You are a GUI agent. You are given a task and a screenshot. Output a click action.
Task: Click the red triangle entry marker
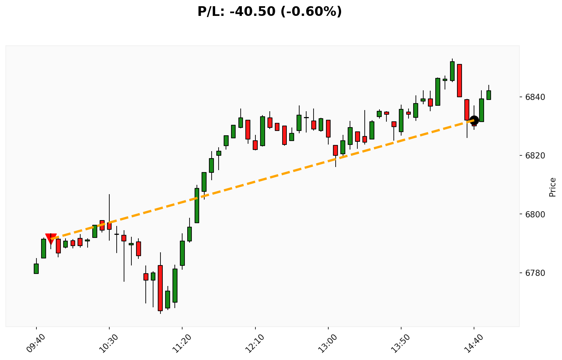(x=51, y=238)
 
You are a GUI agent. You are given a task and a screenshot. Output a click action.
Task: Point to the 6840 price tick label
(x=534, y=97)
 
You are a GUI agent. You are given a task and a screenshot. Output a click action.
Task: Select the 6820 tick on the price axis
(x=534, y=156)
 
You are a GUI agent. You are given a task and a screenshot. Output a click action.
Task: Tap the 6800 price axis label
(x=534, y=214)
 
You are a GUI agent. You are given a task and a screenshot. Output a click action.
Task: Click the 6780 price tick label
(x=534, y=273)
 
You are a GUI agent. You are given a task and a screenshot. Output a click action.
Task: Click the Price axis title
(x=553, y=187)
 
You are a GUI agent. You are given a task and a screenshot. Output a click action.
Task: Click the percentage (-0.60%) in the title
(x=316, y=12)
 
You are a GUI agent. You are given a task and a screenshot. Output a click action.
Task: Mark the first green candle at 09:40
(x=36, y=269)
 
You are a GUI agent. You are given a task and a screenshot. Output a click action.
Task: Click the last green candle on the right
(x=489, y=95)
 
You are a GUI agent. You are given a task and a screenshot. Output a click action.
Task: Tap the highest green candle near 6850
(x=452, y=71)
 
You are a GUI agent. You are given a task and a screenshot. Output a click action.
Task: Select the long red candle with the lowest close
(x=160, y=288)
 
